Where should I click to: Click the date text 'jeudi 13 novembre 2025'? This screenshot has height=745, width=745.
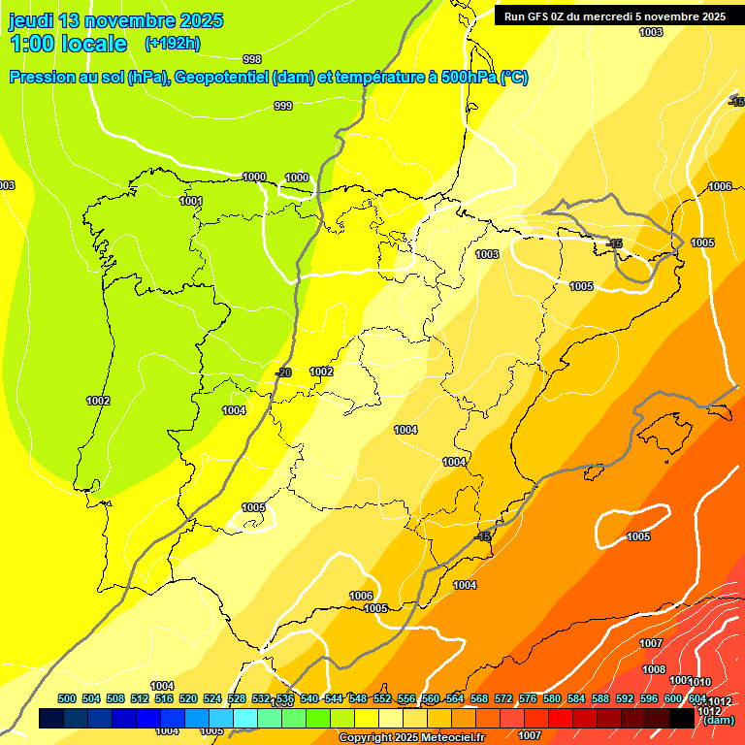[x=115, y=20]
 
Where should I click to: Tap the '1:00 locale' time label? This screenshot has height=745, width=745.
[x=69, y=44]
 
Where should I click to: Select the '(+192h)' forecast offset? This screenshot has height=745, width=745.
[x=172, y=44]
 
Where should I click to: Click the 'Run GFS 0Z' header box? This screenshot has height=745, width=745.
[x=614, y=16]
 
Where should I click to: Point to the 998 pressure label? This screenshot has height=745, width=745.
[x=252, y=59]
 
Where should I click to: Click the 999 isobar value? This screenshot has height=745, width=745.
[x=283, y=106]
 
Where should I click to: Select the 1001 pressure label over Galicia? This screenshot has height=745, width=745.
[x=191, y=201]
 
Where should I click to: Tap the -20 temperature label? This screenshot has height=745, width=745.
[x=283, y=372]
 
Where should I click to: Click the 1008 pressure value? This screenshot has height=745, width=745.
[x=654, y=669]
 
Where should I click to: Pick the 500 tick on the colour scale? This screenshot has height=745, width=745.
[x=67, y=698]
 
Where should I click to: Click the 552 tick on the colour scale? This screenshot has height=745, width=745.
[x=382, y=698]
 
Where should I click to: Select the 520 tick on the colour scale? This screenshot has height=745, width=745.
[x=188, y=698]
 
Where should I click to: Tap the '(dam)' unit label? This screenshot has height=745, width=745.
[x=718, y=720]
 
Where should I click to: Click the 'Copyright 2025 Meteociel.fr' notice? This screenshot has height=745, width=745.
[x=411, y=738]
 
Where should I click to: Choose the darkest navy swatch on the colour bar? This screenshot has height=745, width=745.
[x=51, y=718]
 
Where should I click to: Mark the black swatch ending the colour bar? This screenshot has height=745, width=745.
[x=681, y=718]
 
